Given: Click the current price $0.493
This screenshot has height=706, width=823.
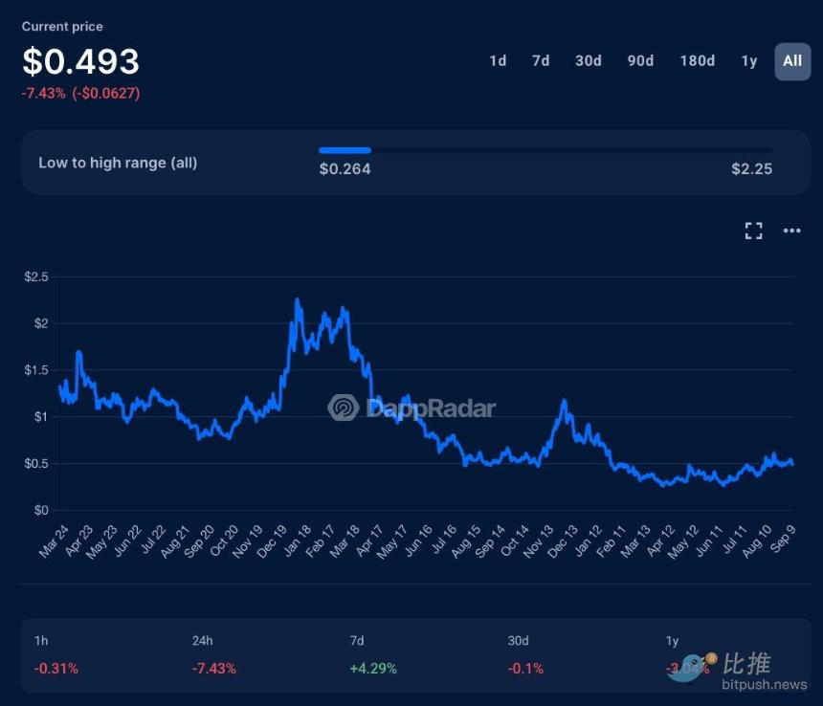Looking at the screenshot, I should (81, 62).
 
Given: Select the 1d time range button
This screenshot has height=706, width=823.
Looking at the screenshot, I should (498, 61).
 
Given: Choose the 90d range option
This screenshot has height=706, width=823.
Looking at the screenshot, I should (640, 61).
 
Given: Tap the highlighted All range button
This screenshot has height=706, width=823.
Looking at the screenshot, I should (792, 61).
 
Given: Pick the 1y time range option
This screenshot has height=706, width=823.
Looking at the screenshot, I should (749, 61).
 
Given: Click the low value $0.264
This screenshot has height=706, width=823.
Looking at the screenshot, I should (345, 169).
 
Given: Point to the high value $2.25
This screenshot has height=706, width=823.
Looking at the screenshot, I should (751, 169).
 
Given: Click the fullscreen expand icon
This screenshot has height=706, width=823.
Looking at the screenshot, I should (754, 231).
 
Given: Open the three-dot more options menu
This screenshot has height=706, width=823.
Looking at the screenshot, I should (791, 231).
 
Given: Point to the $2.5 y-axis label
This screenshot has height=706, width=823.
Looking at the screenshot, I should (36, 276).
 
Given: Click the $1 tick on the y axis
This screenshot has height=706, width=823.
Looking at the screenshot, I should (40, 417).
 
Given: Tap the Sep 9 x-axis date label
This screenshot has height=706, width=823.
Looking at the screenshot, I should (781, 541).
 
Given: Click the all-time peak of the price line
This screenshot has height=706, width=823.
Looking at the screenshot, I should (297, 300).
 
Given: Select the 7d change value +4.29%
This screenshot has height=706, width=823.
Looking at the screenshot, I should (373, 669).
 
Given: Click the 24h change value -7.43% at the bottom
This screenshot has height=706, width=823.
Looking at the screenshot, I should (214, 669).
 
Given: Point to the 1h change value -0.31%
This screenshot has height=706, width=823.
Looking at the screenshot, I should (56, 669).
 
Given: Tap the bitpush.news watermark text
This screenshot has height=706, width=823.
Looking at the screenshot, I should (765, 685).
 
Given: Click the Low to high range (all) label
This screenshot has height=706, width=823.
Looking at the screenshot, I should (118, 163).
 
